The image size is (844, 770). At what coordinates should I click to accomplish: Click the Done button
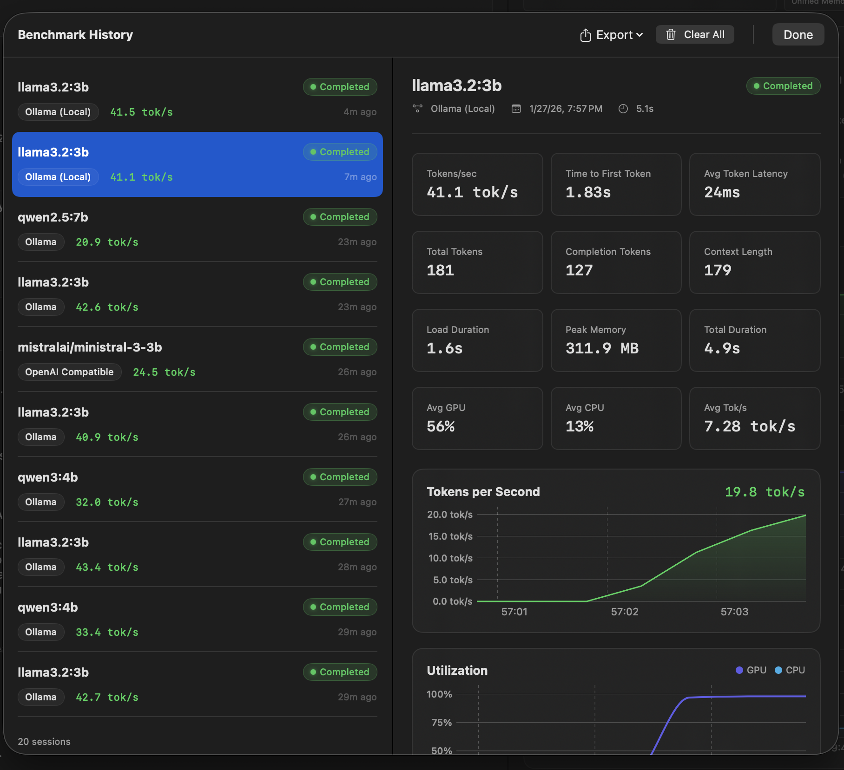(x=798, y=35)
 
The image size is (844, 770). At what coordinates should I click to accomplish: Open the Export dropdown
(x=612, y=35)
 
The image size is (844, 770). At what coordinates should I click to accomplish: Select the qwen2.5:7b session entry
(x=197, y=229)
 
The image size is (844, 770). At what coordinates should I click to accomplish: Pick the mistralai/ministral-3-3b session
(x=197, y=359)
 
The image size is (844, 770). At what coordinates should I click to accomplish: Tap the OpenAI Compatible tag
(x=69, y=372)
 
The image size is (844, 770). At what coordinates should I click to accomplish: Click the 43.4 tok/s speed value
(x=107, y=567)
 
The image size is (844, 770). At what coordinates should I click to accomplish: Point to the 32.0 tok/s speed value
(x=107, y=502)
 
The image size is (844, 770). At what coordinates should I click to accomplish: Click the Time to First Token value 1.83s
(x=588, y=192)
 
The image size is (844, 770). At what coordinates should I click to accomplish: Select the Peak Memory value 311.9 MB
(x=602, y=348)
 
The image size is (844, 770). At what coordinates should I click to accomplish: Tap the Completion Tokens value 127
(x=579, y=270)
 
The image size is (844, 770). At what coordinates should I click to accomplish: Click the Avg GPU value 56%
(x=441, y=426)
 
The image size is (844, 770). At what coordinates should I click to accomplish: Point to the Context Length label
(x=738, y=252)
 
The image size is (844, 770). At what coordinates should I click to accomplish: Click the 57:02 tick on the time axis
(x=624, y=612)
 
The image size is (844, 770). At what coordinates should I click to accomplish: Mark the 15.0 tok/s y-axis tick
(x=450, y=536)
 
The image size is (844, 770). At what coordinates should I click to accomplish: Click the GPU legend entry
(x=751, y=670)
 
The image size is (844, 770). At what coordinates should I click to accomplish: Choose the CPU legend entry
(x=790, y=670)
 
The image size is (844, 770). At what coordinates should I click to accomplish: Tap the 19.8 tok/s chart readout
(x=765, y=492)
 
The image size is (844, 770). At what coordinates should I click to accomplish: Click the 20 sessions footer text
(x=44, y=742)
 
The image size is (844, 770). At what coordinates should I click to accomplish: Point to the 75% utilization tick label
(x=441, y=723)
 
